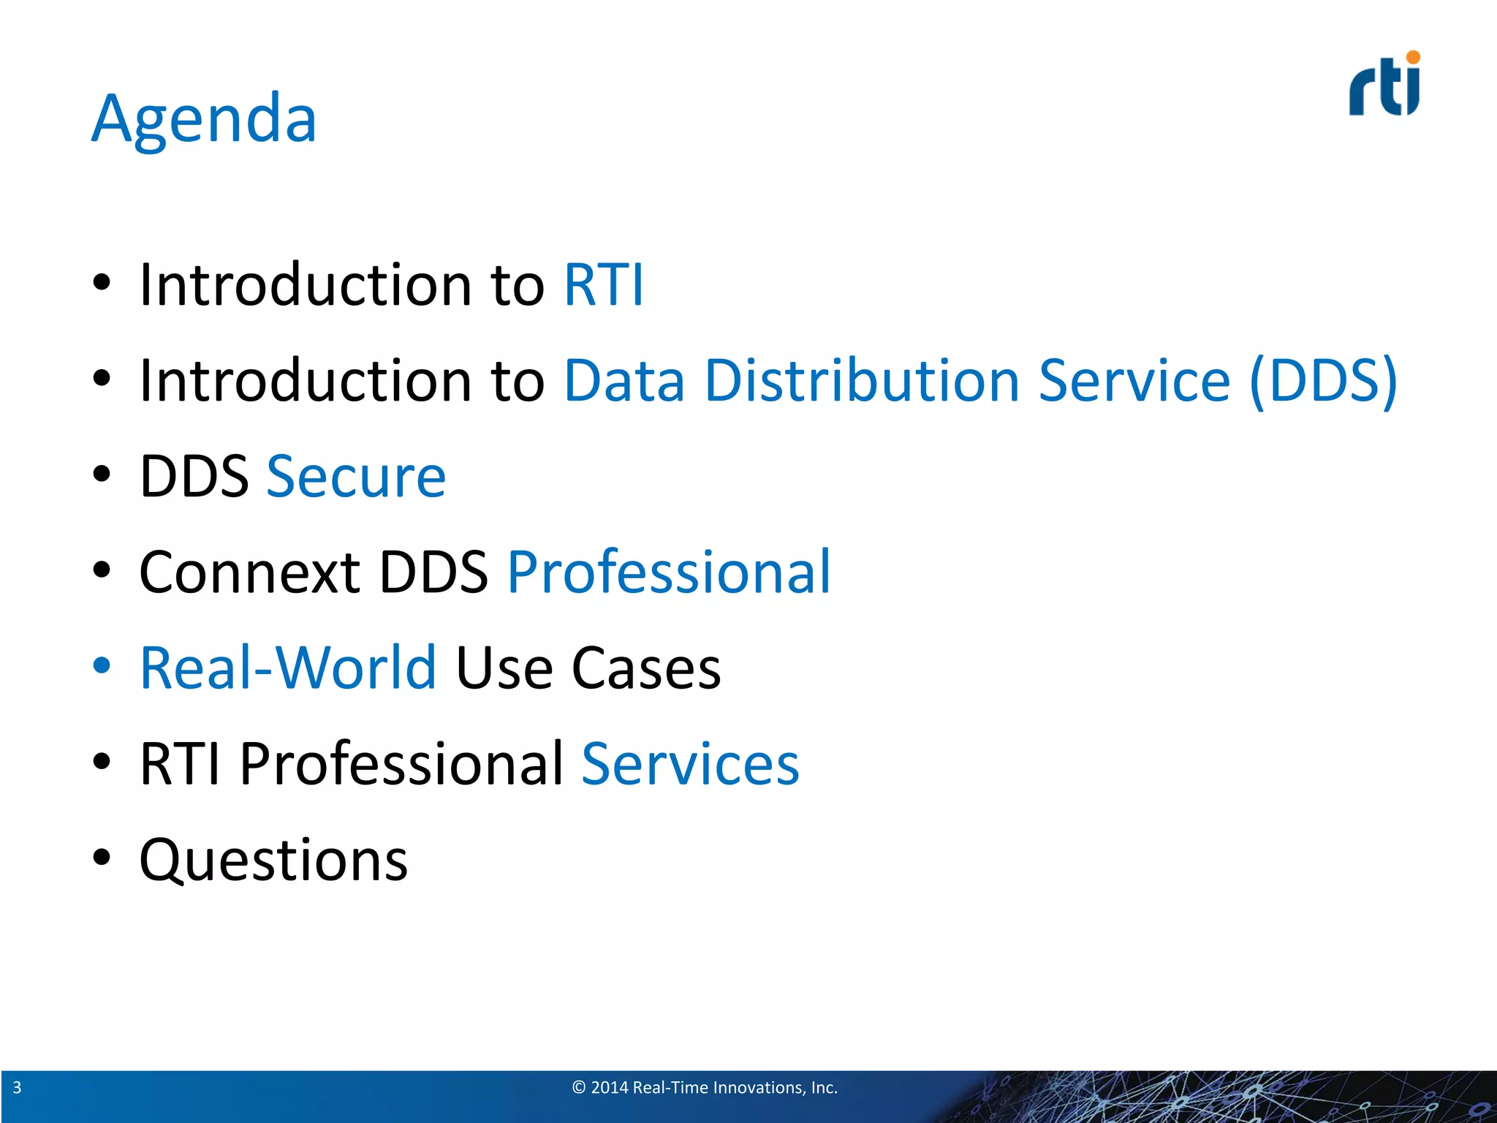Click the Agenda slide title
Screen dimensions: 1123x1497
pyautogui.click(x=204, y=118)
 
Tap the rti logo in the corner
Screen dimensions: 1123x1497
pyautogui.click(x=1384, y=86)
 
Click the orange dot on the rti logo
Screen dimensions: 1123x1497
pyautogui.click(x=1413, y=57)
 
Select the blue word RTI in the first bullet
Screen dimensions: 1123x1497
pyautogui.click(x=604, y=284)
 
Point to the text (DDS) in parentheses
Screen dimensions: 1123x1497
pyautogui.click(x=1323, y=380)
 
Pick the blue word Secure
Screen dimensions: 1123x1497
pyautogui.click(x=356, y=477)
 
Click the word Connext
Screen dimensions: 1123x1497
pyautogui.click(x=249, y=572)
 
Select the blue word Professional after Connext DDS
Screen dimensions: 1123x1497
pyautogui.click(x=669, y=572)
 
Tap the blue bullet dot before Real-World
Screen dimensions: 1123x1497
pyautogui.click(x=102, y=665)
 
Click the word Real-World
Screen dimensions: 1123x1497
pyautogui.click(x=288, y=668)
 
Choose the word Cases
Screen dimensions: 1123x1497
pyautogui.click(x=645, y=668)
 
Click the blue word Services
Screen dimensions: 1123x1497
pyautogui.click(x=690, y=764)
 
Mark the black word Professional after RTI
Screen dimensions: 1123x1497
pyautogui.click(x=402, y=764)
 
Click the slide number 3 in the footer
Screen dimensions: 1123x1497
pyautogui.click(x=17, y=1088)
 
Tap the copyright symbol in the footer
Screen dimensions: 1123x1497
pyautogui.click(x=579, y=1088)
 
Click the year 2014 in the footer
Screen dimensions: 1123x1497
pyautogui.click(x=609, y=1088)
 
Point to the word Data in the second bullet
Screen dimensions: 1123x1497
pyautogui.click(x=624, y=380)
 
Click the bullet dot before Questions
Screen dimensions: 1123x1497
pyautogui.click(x=102, y=857)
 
